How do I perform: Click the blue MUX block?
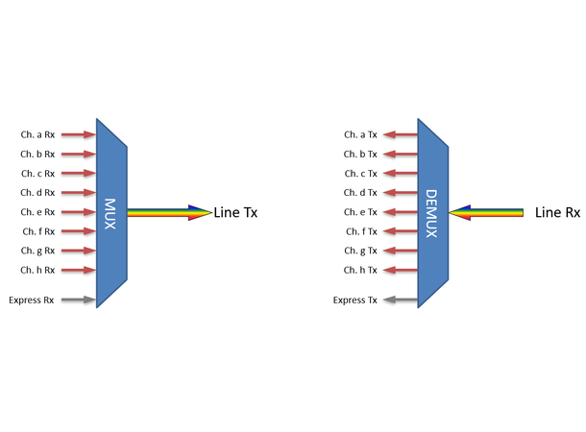point(111,212)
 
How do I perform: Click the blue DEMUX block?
point(432,212)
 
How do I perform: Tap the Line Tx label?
point(236,212)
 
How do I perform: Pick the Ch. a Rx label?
point(37,134)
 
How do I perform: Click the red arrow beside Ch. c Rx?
point(79,174)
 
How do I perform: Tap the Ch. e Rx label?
point(37,212)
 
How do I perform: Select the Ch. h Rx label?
point(37,270)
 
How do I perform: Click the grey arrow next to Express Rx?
point(79,300)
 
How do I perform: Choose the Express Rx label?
point(32,300)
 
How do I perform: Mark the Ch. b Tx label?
point(360,154)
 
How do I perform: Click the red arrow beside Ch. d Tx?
point(401,193)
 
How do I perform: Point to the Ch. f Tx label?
point(360,231)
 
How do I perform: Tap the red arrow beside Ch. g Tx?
point(401,251)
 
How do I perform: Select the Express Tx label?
point(354,300)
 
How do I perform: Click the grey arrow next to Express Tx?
point(401,300)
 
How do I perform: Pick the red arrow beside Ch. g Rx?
point(79,251)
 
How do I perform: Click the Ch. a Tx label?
point(360,134)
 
